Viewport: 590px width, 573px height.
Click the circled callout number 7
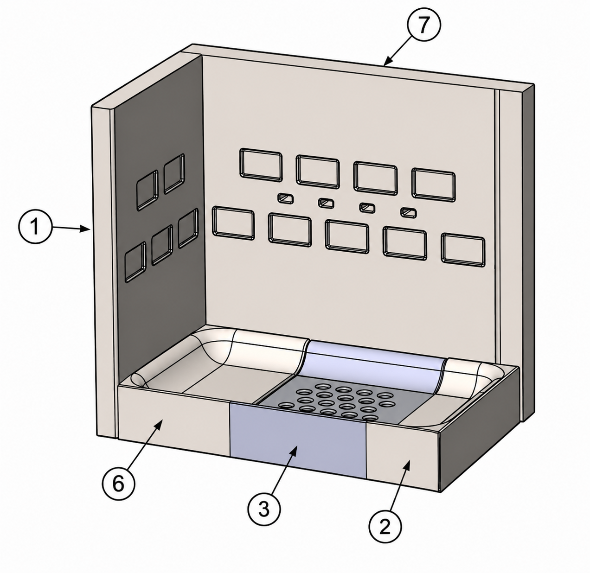pos(423,25)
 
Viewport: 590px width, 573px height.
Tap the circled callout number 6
pos(118,484)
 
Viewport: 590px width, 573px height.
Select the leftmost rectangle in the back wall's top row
pos(261,165)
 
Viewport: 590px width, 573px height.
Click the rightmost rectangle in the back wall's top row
pos(433,185)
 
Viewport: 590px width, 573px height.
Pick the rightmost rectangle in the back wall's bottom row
pos(463,250)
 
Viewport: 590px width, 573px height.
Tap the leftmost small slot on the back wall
pos(286,198)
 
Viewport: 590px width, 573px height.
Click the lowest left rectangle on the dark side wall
pos(135,262)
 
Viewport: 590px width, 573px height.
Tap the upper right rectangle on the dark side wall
pos(174,174)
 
